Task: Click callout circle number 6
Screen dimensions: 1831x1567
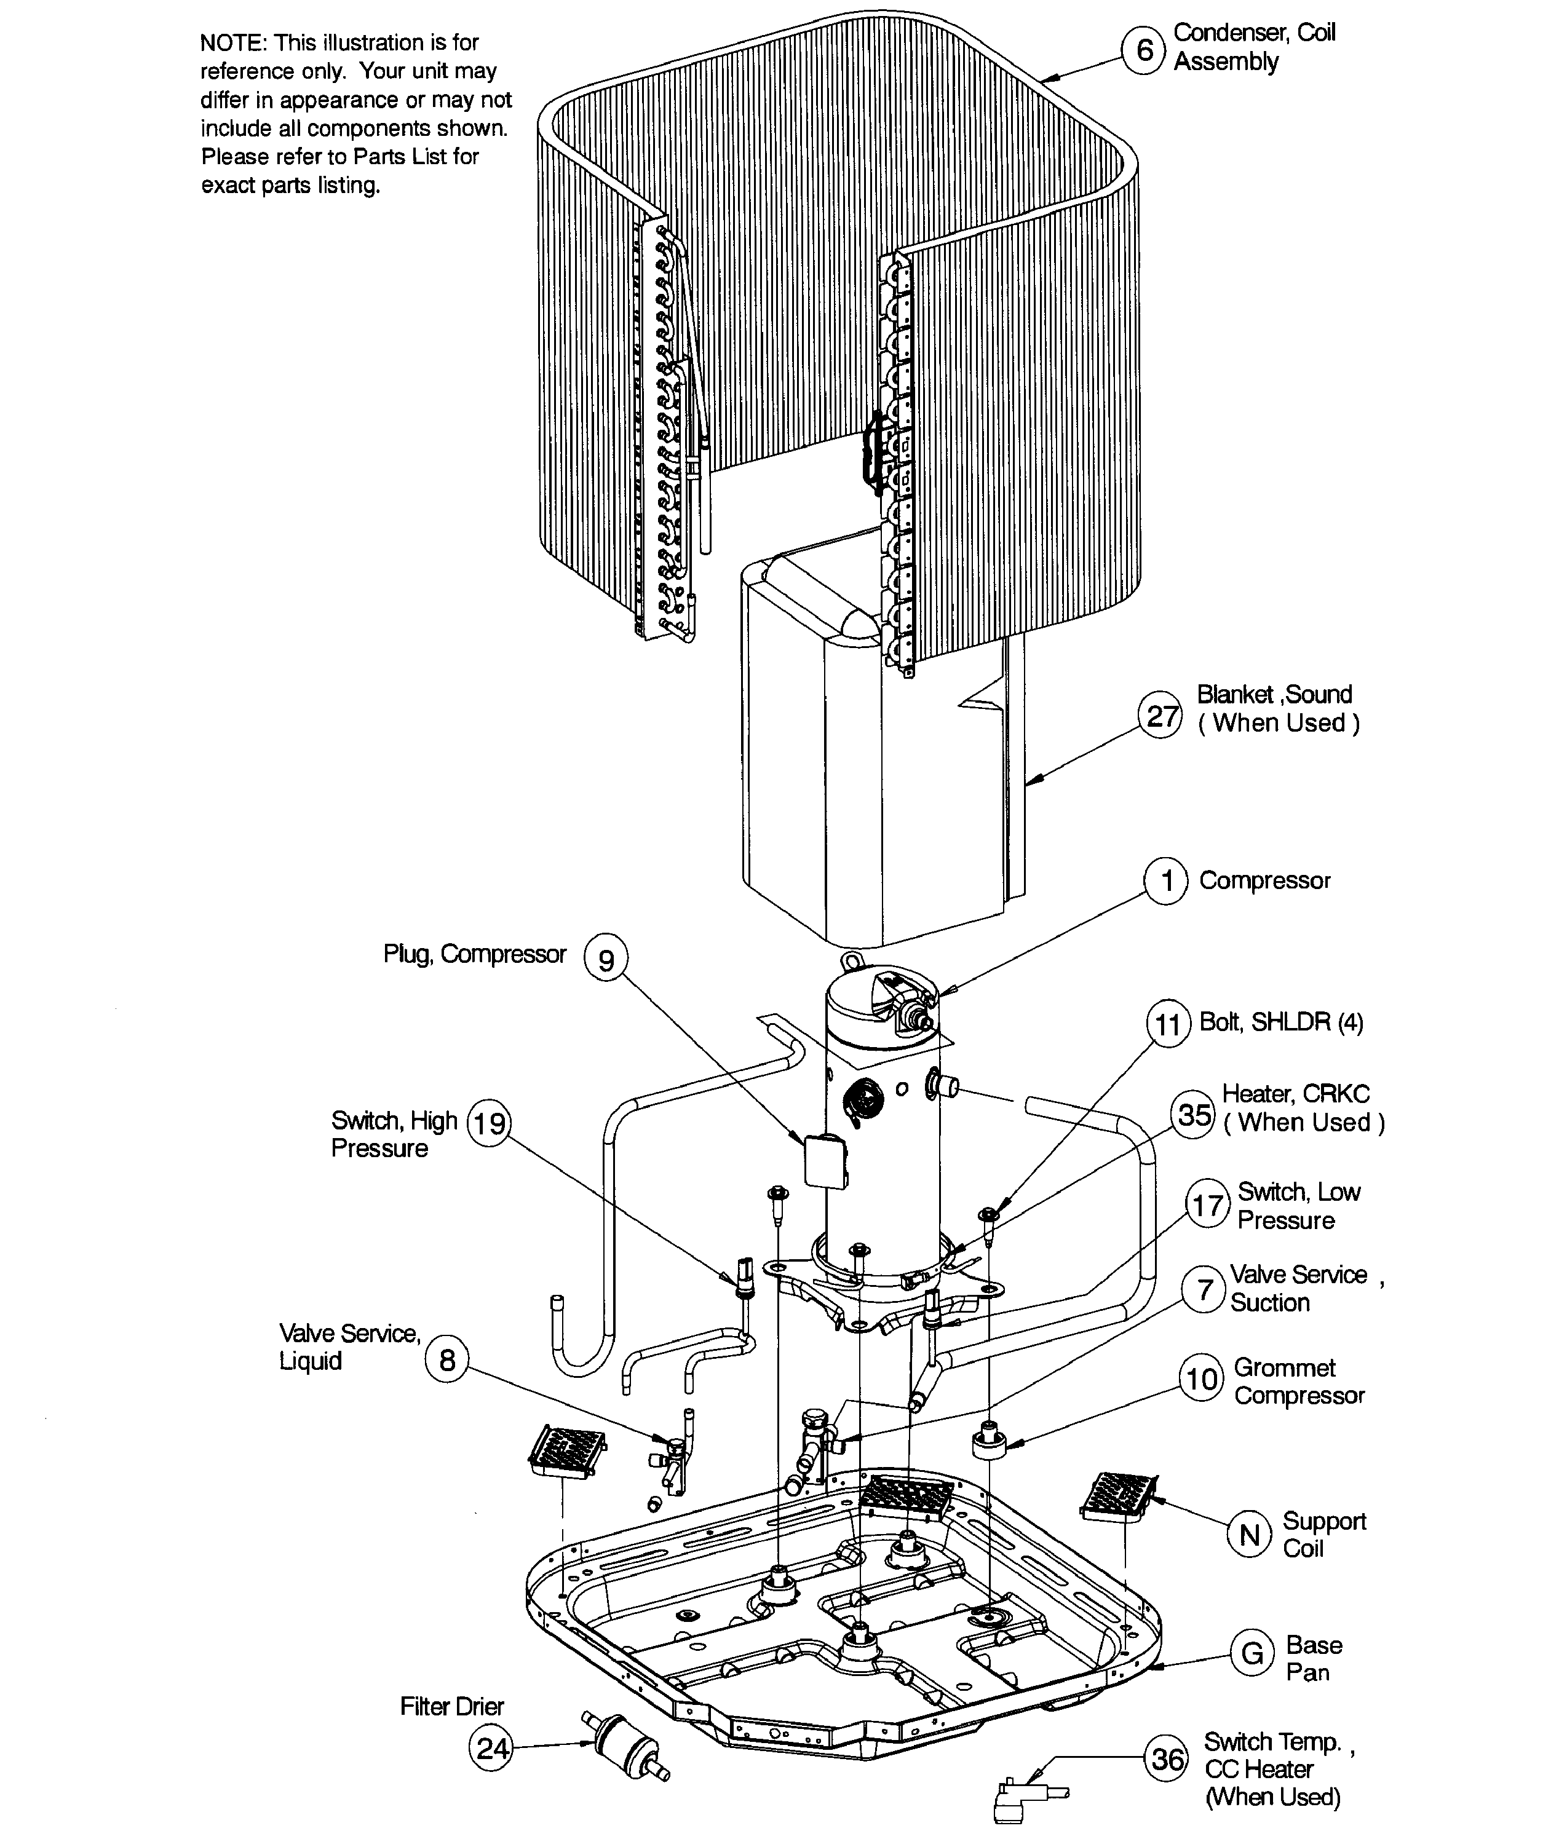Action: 1145,50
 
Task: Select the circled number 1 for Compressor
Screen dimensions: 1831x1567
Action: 1167,881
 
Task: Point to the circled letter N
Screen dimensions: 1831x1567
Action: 1249,1535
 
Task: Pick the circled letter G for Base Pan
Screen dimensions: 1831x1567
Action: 1252,1653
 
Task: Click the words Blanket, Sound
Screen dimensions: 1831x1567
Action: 1274,695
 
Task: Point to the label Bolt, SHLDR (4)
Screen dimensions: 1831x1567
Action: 1280,1022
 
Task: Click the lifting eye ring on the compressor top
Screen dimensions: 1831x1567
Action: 851,959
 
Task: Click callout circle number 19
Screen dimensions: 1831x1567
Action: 489,1123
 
